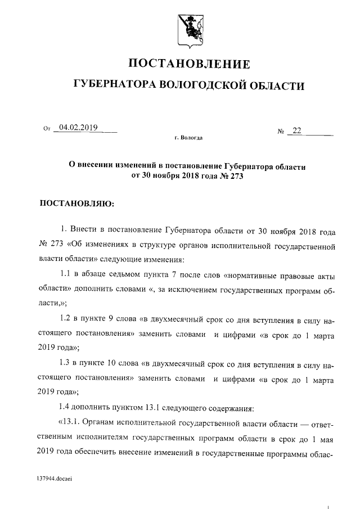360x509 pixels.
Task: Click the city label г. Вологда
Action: [x=189, y=138]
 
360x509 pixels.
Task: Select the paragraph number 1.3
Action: [x=66, y=363]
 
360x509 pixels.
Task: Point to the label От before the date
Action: [x=47, y=129]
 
